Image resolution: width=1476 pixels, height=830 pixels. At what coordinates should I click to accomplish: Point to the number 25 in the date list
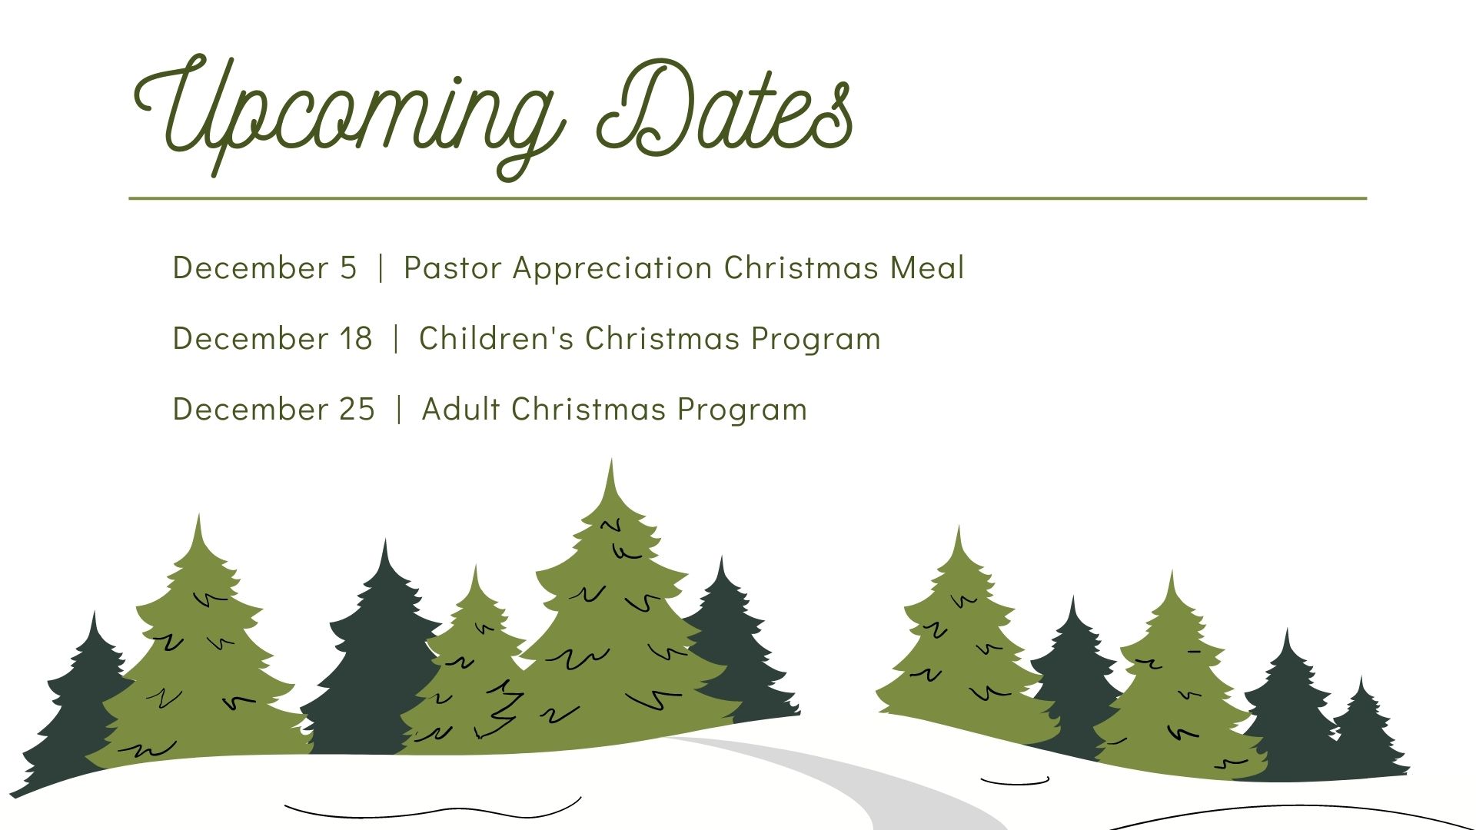357,410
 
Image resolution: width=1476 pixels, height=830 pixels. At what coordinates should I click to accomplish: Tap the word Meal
927,267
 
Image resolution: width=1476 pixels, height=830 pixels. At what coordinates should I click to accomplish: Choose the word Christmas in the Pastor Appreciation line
801,267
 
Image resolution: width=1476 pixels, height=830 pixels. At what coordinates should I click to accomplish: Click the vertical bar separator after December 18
396,339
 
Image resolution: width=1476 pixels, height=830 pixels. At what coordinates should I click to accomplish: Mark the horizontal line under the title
747,198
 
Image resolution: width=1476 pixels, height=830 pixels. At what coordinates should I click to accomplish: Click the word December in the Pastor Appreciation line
251,267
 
